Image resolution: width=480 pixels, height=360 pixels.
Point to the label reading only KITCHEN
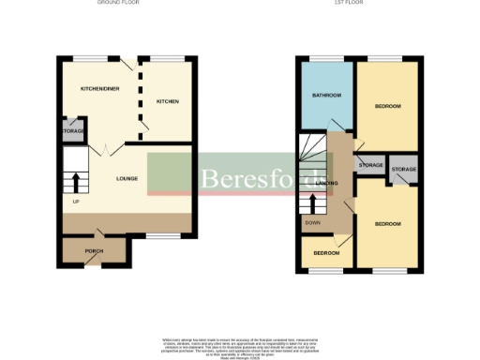tap(167, 100)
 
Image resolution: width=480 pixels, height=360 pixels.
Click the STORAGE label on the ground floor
tap(74, 131)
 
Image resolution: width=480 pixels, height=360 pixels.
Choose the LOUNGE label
tap(127, 178)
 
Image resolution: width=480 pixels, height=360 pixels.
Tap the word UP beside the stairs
tap(75, 202)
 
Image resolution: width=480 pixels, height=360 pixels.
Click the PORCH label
tap(94, 250)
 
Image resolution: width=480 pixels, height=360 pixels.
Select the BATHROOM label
tap(326, 96)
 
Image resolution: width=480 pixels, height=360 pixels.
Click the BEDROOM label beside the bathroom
tap(387, 106)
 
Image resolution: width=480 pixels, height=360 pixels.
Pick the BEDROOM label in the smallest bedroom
tap(325, 253)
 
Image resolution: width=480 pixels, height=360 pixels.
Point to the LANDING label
tap(327, 182)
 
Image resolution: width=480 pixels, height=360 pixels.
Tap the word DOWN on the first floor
tap(312, 223)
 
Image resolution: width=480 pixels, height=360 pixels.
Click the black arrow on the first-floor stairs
tap(313, 202)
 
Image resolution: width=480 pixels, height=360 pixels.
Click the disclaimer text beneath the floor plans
tap(239, 343)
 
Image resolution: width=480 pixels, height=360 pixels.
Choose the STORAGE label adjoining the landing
tap(370, 165)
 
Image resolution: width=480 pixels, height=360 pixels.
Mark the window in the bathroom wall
tap(324, 59)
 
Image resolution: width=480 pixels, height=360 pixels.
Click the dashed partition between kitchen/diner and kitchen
tap(141, 94)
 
